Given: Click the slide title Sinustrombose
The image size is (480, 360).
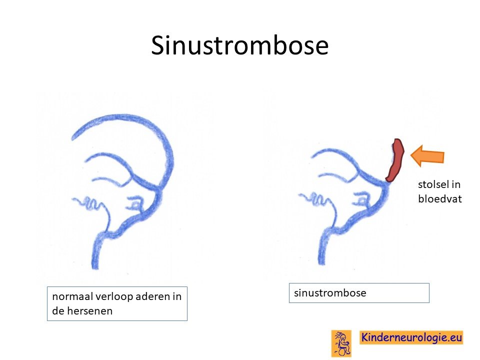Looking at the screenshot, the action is [x=239, y=45].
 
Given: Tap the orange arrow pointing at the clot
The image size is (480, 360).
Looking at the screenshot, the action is [x=427, y=156].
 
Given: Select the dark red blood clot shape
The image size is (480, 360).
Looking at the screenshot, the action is [x=395, y=160].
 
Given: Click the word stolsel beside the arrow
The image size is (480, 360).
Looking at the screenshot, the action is [x=431, y=184].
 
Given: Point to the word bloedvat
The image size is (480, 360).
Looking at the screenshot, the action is [x=440, y=198].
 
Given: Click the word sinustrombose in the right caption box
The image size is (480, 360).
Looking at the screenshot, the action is [x=330, y=292].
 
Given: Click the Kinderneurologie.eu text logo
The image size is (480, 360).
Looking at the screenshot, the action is [x=411, y=337].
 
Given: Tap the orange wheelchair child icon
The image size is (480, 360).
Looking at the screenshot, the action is [x=341, y=343].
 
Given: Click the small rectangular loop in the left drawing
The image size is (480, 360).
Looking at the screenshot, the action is [x=134, y=202].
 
